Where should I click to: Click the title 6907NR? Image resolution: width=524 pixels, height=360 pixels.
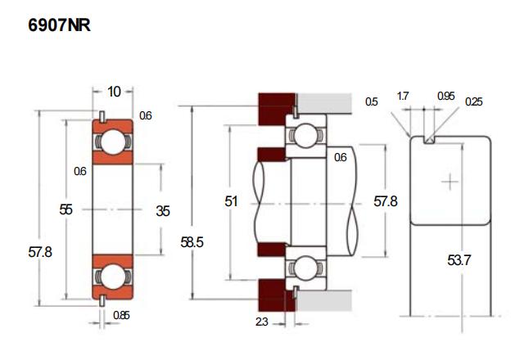pyautogui.click(x=59, y=25)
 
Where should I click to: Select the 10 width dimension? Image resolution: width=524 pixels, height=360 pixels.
pyautogui.click(x=114, y=91)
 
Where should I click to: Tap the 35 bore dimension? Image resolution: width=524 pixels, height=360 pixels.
pyautogui.click(x=163, y=210)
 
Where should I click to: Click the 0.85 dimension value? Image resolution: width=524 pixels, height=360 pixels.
pyautogui.click(x=120, y=315)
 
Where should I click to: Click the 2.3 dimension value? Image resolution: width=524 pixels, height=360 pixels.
pyautogui.click(x=261, y=322)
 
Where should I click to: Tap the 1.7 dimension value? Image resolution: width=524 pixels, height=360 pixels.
pyautogui.click(x=403, y=97)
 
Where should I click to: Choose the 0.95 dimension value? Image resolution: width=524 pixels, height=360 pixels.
pyautogui.click(x=445, y=97)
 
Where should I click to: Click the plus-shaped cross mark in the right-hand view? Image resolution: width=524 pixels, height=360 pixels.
pyautogui.click(x=449, y=181)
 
